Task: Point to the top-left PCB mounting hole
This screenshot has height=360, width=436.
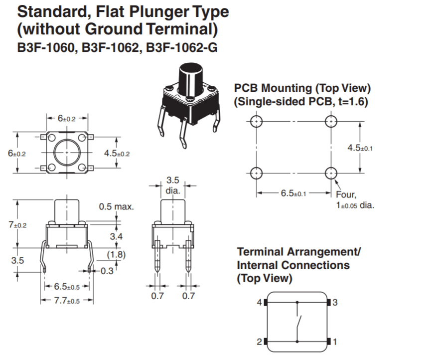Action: (256, 121)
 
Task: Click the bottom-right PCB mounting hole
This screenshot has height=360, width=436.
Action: (330, 173)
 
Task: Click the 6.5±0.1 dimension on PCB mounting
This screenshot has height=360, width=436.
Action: (293, 193)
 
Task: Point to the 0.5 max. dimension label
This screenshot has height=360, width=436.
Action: (116, 206)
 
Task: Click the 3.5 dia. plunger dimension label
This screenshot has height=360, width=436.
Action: (172, 185)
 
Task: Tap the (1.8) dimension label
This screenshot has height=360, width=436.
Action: (116, 254)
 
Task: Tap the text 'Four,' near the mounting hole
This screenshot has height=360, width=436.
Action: (346, 195)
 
